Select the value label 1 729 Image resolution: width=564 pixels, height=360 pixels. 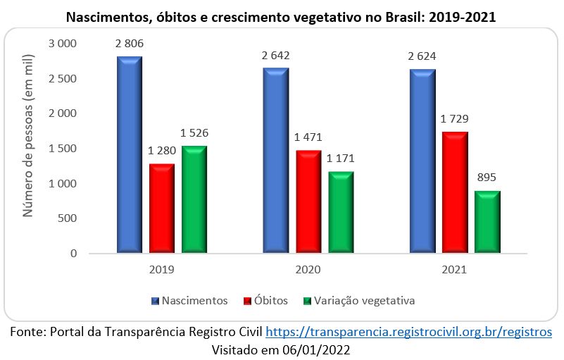[x=455, y=119]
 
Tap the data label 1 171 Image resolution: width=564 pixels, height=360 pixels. [x=341, y=158]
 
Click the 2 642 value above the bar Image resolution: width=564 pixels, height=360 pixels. [x=275, y=55]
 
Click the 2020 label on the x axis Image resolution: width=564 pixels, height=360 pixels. [x=308, y=268]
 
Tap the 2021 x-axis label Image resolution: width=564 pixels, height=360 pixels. [x=454, y=268]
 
